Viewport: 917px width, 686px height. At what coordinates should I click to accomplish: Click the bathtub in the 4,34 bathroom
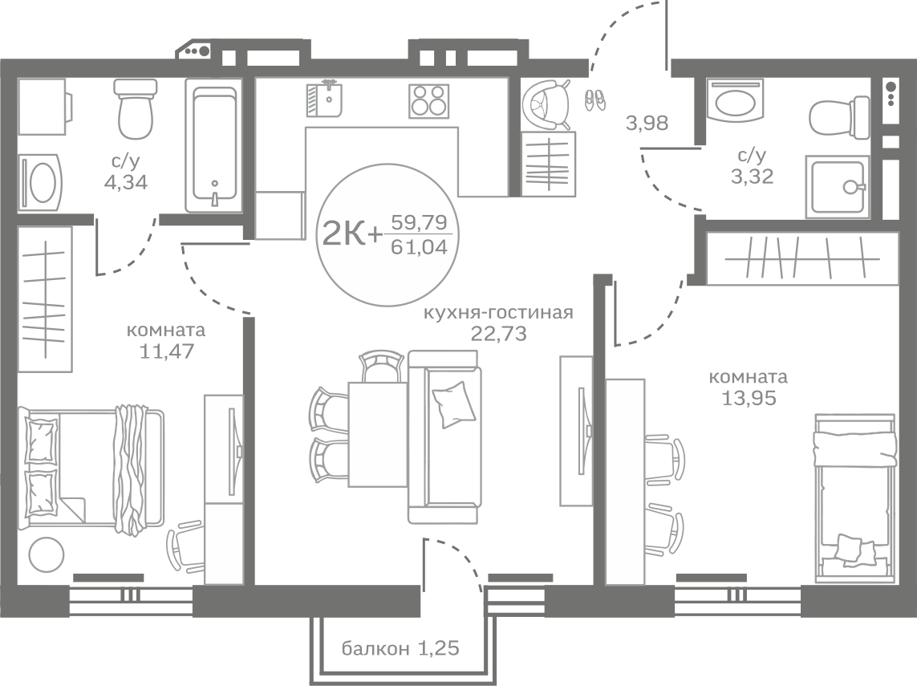(214, 145)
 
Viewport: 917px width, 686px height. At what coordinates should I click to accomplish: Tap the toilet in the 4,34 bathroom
(136, 109)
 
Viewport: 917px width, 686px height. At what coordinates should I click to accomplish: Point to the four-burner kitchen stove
(429, 101)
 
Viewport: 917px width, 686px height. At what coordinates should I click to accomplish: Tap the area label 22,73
(499, 333)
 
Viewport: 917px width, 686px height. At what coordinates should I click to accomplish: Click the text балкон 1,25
(400, 648)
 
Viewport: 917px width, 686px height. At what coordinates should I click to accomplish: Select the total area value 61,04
(420, 247)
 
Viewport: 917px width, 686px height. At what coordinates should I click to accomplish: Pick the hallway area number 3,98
(647, 123)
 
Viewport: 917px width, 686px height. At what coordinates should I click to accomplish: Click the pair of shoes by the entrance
(595, 99)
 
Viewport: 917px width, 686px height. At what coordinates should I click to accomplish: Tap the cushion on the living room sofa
(453, 404)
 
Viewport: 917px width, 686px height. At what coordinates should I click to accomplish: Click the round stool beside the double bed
(47, 554)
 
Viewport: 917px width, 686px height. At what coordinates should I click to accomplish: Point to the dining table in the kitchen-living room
(378, 434)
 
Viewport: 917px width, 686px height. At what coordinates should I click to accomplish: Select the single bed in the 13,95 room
(855, 497)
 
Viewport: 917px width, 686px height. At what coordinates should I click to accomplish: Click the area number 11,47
(167, 351)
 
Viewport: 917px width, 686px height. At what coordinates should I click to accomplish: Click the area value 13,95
(749, 398)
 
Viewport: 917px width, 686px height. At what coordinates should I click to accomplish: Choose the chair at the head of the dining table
(382, 366)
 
